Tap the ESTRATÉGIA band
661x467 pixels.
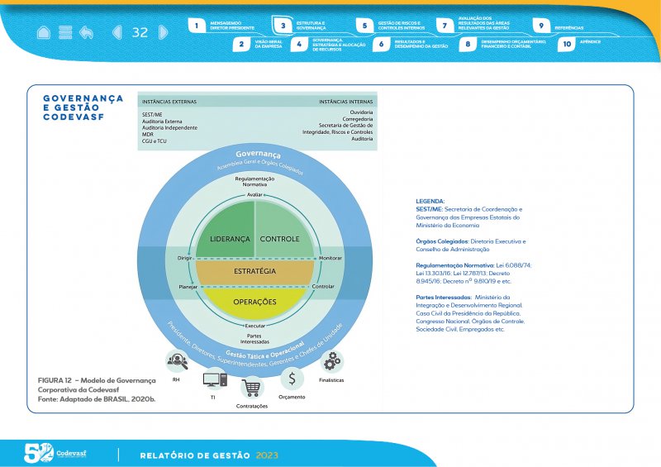click(x=254, y=271)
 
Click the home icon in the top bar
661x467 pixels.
click(x=44, y=32)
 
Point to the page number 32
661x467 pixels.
click(x=140, y=32)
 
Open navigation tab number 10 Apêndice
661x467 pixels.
click(x=566, y=45)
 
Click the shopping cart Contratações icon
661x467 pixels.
click(x=252, y=387)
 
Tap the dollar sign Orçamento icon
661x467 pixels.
click(x=292, y=379)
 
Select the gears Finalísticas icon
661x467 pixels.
click(x=332, y=361)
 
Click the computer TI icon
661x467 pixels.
click(x=214, y=380)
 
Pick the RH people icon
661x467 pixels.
click(x=177, y=361)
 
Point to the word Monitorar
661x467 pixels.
click(x=330, y=259)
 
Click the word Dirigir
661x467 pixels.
click(x=185, y=259)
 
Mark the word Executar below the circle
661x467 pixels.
click(x=255, y=326)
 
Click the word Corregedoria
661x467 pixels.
click(x=357, y=118)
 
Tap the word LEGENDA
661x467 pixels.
click(x=430, y=201)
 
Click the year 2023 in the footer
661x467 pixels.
click(x=267, y=455)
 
